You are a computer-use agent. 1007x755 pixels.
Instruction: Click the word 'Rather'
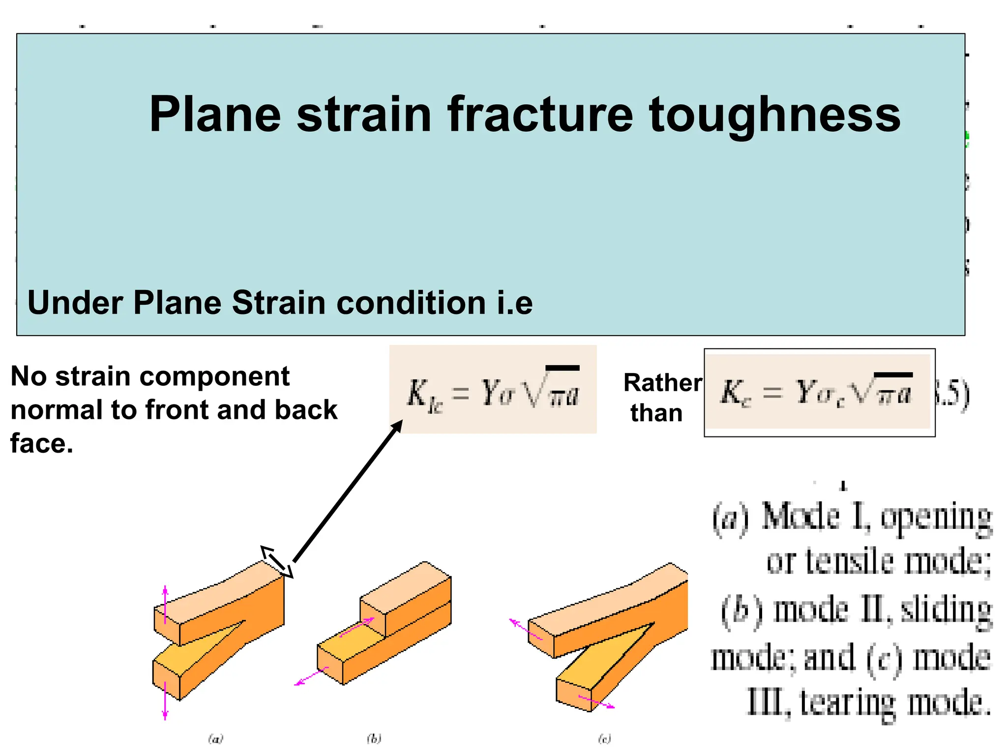tap(663, 382)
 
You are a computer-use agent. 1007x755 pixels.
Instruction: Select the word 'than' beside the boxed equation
tap(656, 413)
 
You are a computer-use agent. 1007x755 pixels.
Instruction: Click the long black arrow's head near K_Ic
tap(397, 426)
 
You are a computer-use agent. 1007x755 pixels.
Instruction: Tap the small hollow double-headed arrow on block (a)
tap(277, 561)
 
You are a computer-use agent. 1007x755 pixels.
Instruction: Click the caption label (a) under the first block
tap(215, 739)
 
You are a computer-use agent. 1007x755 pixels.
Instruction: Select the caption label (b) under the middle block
tap(374, 739)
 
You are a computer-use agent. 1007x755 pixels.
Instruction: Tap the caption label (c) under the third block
tap(604, 739)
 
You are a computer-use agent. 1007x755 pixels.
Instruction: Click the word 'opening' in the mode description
tap(935, 519)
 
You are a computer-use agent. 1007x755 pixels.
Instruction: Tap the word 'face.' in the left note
tap(42, 443)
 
